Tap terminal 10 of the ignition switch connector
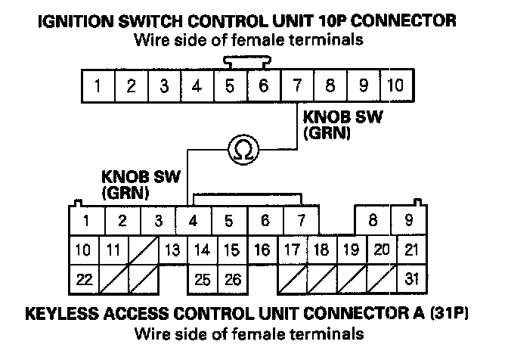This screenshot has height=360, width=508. click(394, 85)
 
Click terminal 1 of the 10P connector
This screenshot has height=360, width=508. click(98, 85)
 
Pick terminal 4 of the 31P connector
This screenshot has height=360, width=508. click(194, 222)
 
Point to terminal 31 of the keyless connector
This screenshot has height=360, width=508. click(410, 279)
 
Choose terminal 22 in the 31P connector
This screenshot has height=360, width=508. click(83, 279)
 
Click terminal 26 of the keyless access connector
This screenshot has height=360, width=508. click(232, 279)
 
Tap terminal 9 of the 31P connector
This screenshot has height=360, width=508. click(409, 222)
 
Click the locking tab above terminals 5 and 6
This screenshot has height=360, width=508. click(246, 61)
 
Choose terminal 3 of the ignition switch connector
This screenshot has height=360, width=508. click(163, 85)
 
